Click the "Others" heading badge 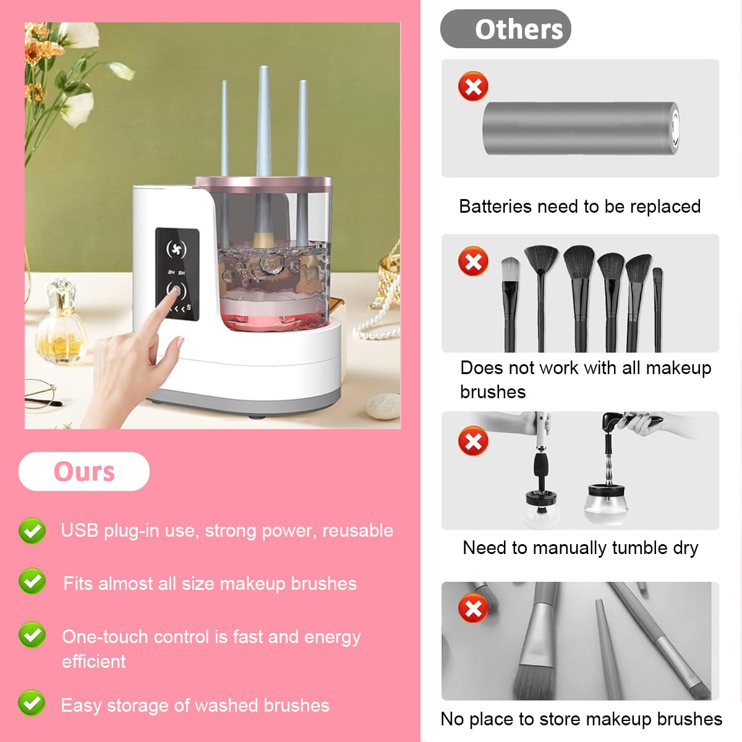[505, 29]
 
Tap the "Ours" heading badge [84, 471]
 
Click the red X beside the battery [473, 87]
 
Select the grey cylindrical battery [580, 129]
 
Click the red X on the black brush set [473, 262]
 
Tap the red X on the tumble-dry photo [473, 441]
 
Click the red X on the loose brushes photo [473, 608]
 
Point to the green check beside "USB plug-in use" [32, 531]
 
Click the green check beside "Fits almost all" [32, 581]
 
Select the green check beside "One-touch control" [32, 635]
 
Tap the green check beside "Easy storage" [32, 703]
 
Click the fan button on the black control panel [176, 249]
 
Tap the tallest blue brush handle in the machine [264, 124]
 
